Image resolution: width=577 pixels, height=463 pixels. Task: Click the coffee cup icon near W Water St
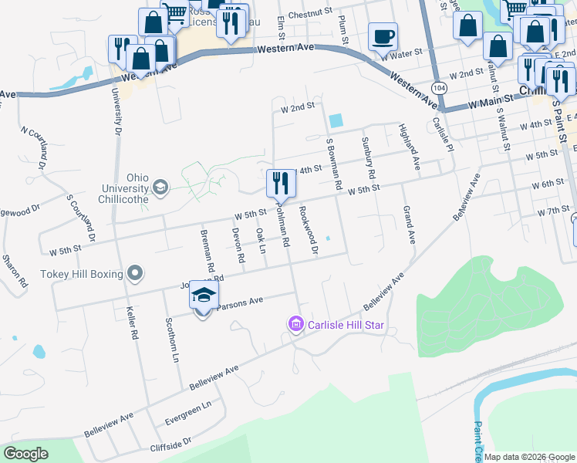click(x=383, y=36)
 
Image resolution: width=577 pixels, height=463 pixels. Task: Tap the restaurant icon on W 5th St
click(x=279, y=184)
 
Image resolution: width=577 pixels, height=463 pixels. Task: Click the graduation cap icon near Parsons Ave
click(x=204, y=296)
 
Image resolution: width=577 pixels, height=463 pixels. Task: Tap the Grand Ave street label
click(x=407, y=225)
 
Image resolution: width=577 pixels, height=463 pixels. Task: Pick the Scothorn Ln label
click(x=172, y=340)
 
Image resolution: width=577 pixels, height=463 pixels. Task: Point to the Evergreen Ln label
click(x=188, y=414)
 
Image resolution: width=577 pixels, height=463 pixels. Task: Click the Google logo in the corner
click(x=26, y=453)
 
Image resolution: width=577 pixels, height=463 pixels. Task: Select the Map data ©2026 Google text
click(x=528, y=457)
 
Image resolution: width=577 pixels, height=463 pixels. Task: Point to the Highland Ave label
click(x=410, y=147)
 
